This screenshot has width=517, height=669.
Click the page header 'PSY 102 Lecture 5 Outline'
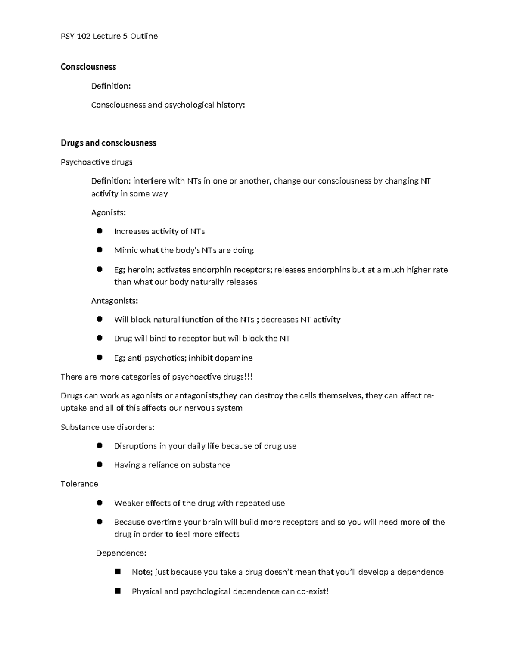point(109,36)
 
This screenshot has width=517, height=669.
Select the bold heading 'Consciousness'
point(88,67)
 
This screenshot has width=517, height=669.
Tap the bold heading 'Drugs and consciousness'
point(108,143)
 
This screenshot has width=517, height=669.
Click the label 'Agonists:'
point(108,212)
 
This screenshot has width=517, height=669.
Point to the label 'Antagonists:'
point(114,301)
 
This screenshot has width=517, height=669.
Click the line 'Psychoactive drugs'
point(97,162)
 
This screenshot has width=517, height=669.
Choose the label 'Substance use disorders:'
point(107,427)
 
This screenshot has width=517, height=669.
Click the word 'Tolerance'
point(79,484)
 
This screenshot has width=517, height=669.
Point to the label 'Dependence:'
point(121,553)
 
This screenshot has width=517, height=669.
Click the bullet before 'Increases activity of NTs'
point(100,231)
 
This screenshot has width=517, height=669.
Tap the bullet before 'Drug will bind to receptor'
point(100,338)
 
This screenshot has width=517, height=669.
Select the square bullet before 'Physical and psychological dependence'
point(118,591)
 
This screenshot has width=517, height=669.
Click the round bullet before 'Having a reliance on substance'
point(100,464)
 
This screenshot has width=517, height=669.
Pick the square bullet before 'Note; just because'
point(118,572)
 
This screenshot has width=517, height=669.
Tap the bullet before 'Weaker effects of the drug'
point(100,503)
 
